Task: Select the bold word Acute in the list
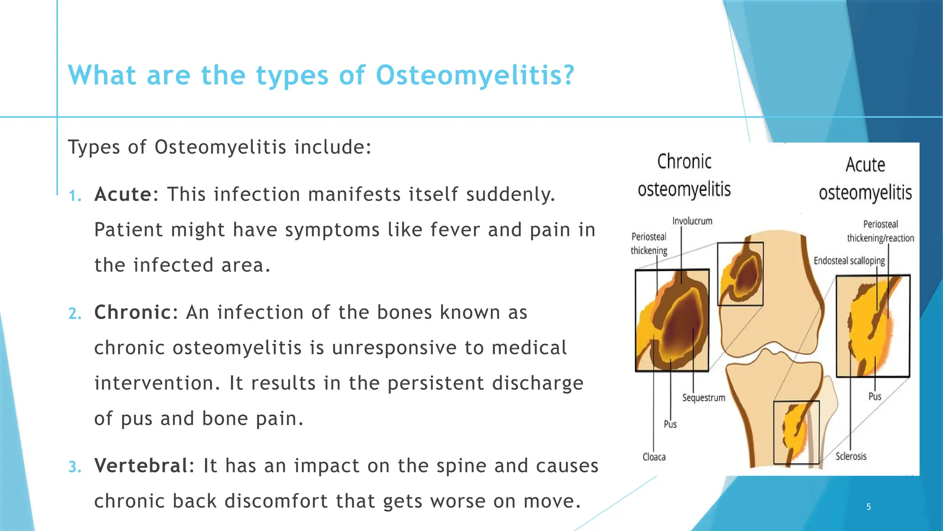pos(122,195)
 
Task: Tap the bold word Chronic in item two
pos(133,313)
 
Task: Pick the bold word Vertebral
pos(140,466)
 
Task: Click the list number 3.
pos(75,467)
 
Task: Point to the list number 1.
pos(75,196)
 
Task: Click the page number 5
pos(868,507)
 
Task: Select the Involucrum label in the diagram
pos(692,221)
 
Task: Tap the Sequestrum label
pos(704,398)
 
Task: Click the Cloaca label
pos(654,457)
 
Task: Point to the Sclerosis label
pos(851,456)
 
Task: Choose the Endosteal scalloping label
pos(849,261)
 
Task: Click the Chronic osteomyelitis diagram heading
pos(684,176)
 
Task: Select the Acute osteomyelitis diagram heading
pos(865,179)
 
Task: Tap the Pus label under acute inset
pos(874,396)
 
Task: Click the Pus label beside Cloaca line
pos(670,424)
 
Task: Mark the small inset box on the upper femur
pos(740,274)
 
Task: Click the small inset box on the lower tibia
pos(796,432)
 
